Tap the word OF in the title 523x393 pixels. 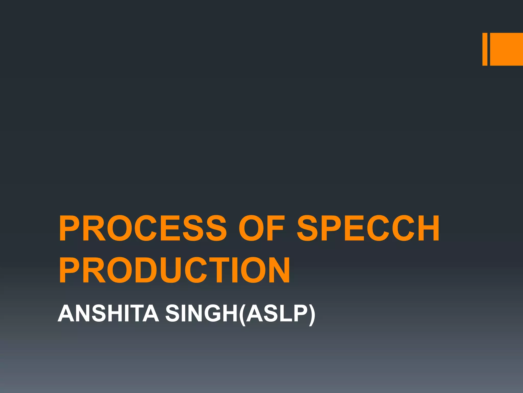click(261, 228)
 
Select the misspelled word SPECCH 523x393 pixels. click(368, 228)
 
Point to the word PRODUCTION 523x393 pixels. click(175, 270)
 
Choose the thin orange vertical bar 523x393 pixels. click(485, 49)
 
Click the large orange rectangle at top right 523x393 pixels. click(506, 49)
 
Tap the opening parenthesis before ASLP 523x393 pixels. click(242, 315)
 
